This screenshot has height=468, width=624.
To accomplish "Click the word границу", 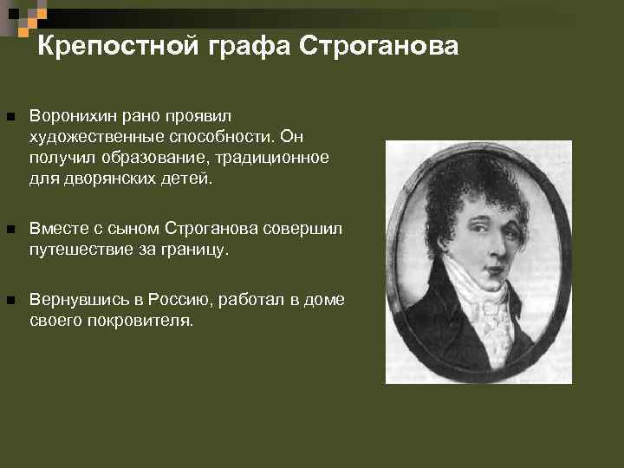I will coord(195,250).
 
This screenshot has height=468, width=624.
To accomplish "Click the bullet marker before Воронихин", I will coord(10,116).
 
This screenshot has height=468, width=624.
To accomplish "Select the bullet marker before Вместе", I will coord(10,230).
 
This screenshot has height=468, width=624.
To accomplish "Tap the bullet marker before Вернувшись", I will coord(10,300).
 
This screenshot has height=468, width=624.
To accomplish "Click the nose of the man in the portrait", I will coord(491,246).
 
